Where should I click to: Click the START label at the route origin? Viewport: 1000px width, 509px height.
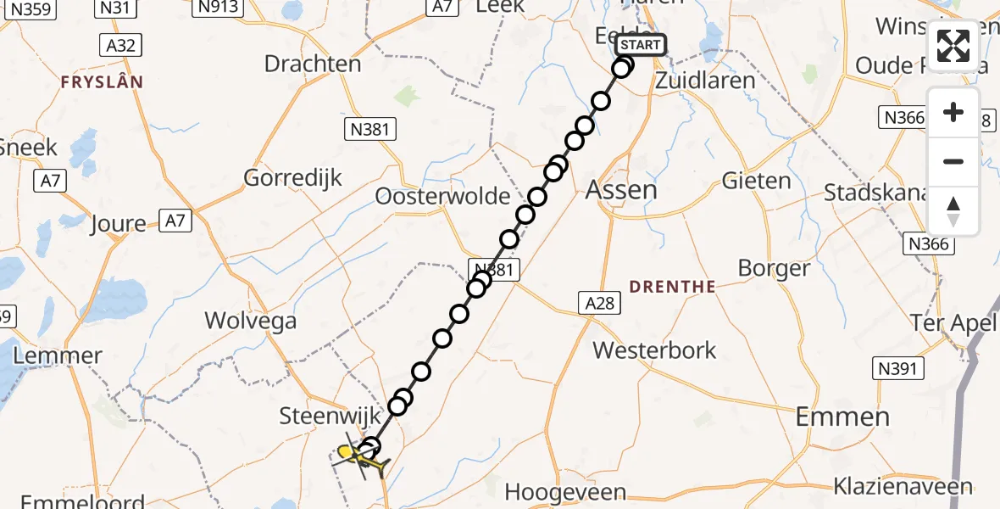[x=640, y=45]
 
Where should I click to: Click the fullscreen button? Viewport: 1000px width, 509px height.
[x=953, y=46]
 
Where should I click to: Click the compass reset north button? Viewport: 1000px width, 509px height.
[x=953, y=211]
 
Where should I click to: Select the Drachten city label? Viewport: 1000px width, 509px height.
[x=312, y=64]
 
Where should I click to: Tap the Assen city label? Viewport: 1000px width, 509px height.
[x=621, y=189]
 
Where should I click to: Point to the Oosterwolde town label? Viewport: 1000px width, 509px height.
[x=443, y=197]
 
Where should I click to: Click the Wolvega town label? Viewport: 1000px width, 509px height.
[x=251, y=322]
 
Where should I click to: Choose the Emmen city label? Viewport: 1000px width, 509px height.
[x=842, y=417]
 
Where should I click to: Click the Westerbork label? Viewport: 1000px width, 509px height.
[x=654, y=350]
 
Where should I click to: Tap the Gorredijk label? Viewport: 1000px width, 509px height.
[x=292, y=178]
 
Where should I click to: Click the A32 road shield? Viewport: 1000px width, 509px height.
[x=119, y=44]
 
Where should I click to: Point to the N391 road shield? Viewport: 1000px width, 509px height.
[x=898, y=367]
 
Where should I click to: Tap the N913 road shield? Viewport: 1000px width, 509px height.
[x=219, y=8]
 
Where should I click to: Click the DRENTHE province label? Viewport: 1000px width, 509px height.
[x=674, y=287]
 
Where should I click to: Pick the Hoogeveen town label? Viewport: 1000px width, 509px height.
[x=564, y=492]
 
